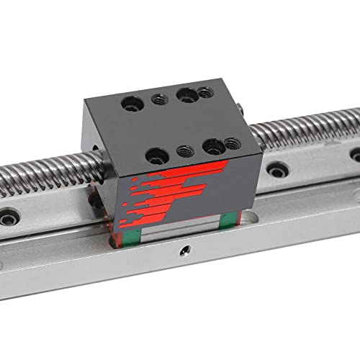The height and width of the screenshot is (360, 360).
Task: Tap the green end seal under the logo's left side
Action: (125, 222)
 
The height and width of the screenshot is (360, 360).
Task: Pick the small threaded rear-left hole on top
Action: (159, 100)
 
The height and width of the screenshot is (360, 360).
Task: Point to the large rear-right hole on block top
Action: (186, 94)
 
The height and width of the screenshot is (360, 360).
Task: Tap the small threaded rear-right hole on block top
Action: (205, 92)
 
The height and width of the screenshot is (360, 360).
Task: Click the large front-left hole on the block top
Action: (157, 155)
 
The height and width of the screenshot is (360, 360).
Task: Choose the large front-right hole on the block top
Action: (212, 146)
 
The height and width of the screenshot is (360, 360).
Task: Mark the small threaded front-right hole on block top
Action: (232, 143)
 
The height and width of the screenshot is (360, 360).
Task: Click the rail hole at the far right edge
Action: (356, 154)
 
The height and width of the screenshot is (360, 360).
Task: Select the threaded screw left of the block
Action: (50, 174)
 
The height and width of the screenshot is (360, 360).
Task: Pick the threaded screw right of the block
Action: (310, 126)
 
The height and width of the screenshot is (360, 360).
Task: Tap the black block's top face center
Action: (176, 124)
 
